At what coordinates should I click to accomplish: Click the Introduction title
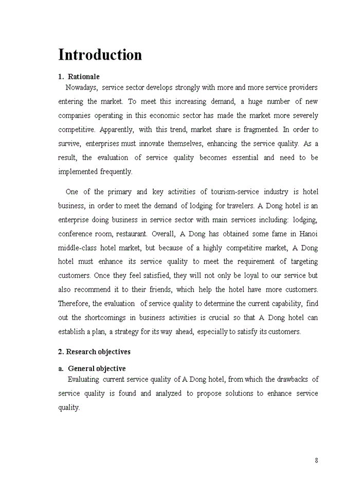click(100, 55)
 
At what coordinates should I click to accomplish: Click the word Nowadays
click(82, 87)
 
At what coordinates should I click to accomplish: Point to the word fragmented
click(260, 130)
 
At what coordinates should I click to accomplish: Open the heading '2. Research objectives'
click(94, 352)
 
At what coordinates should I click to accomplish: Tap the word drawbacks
click(293, 379)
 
